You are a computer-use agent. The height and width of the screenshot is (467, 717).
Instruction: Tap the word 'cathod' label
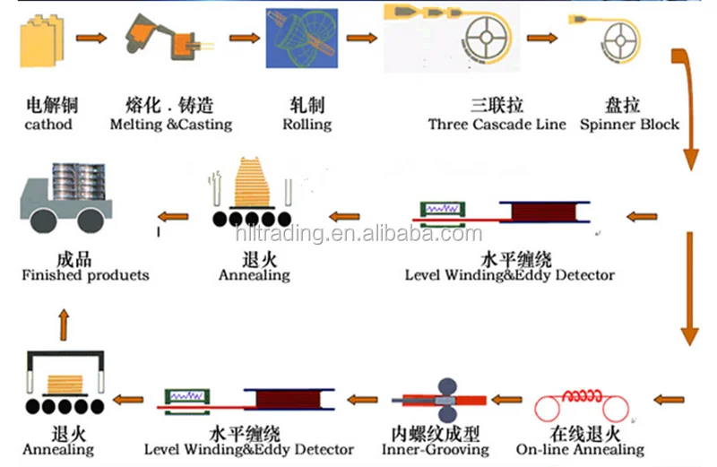coord(48,125)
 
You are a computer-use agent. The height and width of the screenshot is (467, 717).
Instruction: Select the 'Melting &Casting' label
coord(170,125)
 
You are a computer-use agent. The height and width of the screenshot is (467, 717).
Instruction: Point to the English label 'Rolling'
coord(307,125)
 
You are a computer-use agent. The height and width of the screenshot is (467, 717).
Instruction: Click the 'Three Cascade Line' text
coord(497,125)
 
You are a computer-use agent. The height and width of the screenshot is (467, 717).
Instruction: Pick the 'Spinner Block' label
coord(630,125)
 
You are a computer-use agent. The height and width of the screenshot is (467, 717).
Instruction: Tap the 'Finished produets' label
coord(85,275)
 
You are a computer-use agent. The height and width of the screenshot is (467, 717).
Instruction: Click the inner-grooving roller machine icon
coord(445,402)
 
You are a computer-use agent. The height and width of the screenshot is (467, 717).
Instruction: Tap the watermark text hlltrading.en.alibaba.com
coord(358,235)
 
